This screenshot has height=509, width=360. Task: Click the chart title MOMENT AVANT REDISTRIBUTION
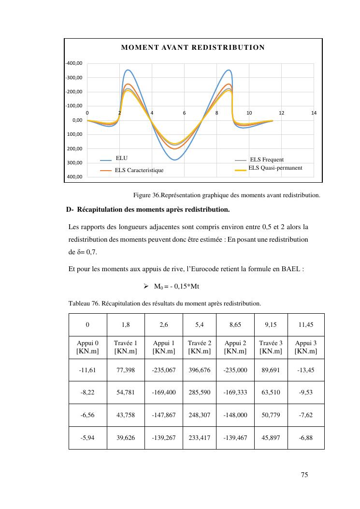point(193,47)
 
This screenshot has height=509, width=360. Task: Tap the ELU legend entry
point(122,158)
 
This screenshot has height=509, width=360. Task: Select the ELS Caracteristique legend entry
point(139,170)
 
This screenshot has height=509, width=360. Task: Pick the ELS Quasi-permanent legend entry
point(275,168)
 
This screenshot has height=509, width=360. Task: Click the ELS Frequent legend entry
point(267,160)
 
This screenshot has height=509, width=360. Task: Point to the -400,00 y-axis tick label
point(74,63)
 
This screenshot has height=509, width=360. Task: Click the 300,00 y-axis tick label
point(75,163)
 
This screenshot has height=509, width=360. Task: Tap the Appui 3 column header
point(306,347)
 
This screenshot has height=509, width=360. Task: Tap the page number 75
point(304,475)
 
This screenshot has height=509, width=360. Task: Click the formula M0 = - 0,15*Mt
point(177,287)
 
